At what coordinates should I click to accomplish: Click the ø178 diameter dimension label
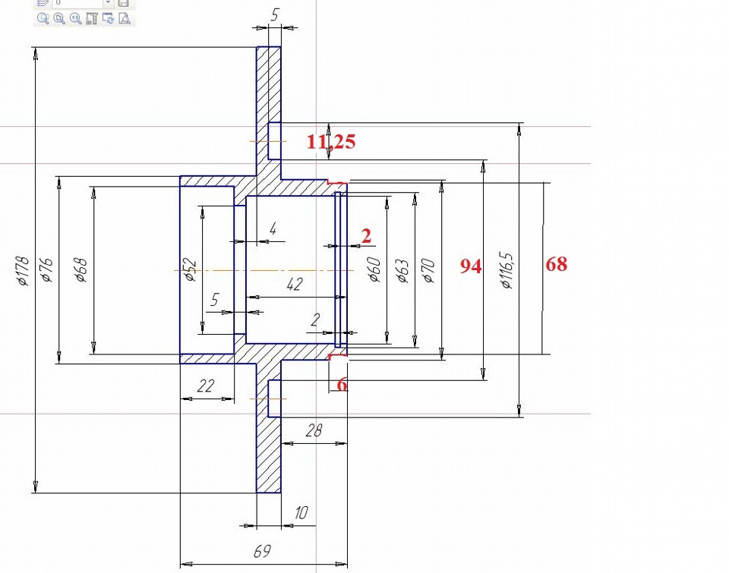(x=22, y=270)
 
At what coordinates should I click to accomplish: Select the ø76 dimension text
(x=47, y=270)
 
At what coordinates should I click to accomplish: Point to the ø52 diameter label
(x=191, y=269)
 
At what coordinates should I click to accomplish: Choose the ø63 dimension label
(x=402, y=270)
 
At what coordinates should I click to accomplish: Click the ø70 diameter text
(x=428, y=270)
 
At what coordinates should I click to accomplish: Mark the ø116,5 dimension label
(x=507, y=270)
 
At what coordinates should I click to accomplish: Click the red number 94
(x=471, y=266)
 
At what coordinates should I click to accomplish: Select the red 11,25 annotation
(x=331, y=141)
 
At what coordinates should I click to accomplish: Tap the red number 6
(x=342, y=384)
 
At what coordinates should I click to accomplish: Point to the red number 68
(x=557, y=264)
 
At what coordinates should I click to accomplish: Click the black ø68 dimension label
(x=81, y=270)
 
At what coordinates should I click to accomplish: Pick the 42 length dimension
(x=295, y=284)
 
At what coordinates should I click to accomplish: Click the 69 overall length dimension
(x=262, y=551)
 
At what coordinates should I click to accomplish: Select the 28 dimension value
(x=314, y=430)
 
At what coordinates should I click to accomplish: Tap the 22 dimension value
(x=206, y=386)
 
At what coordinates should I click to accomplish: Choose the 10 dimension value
(x=301, y=512)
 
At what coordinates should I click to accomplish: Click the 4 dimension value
(x=273, y=228)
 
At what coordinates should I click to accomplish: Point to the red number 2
(x=366, y=236)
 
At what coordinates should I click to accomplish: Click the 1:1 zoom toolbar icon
(x=75, y=18)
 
